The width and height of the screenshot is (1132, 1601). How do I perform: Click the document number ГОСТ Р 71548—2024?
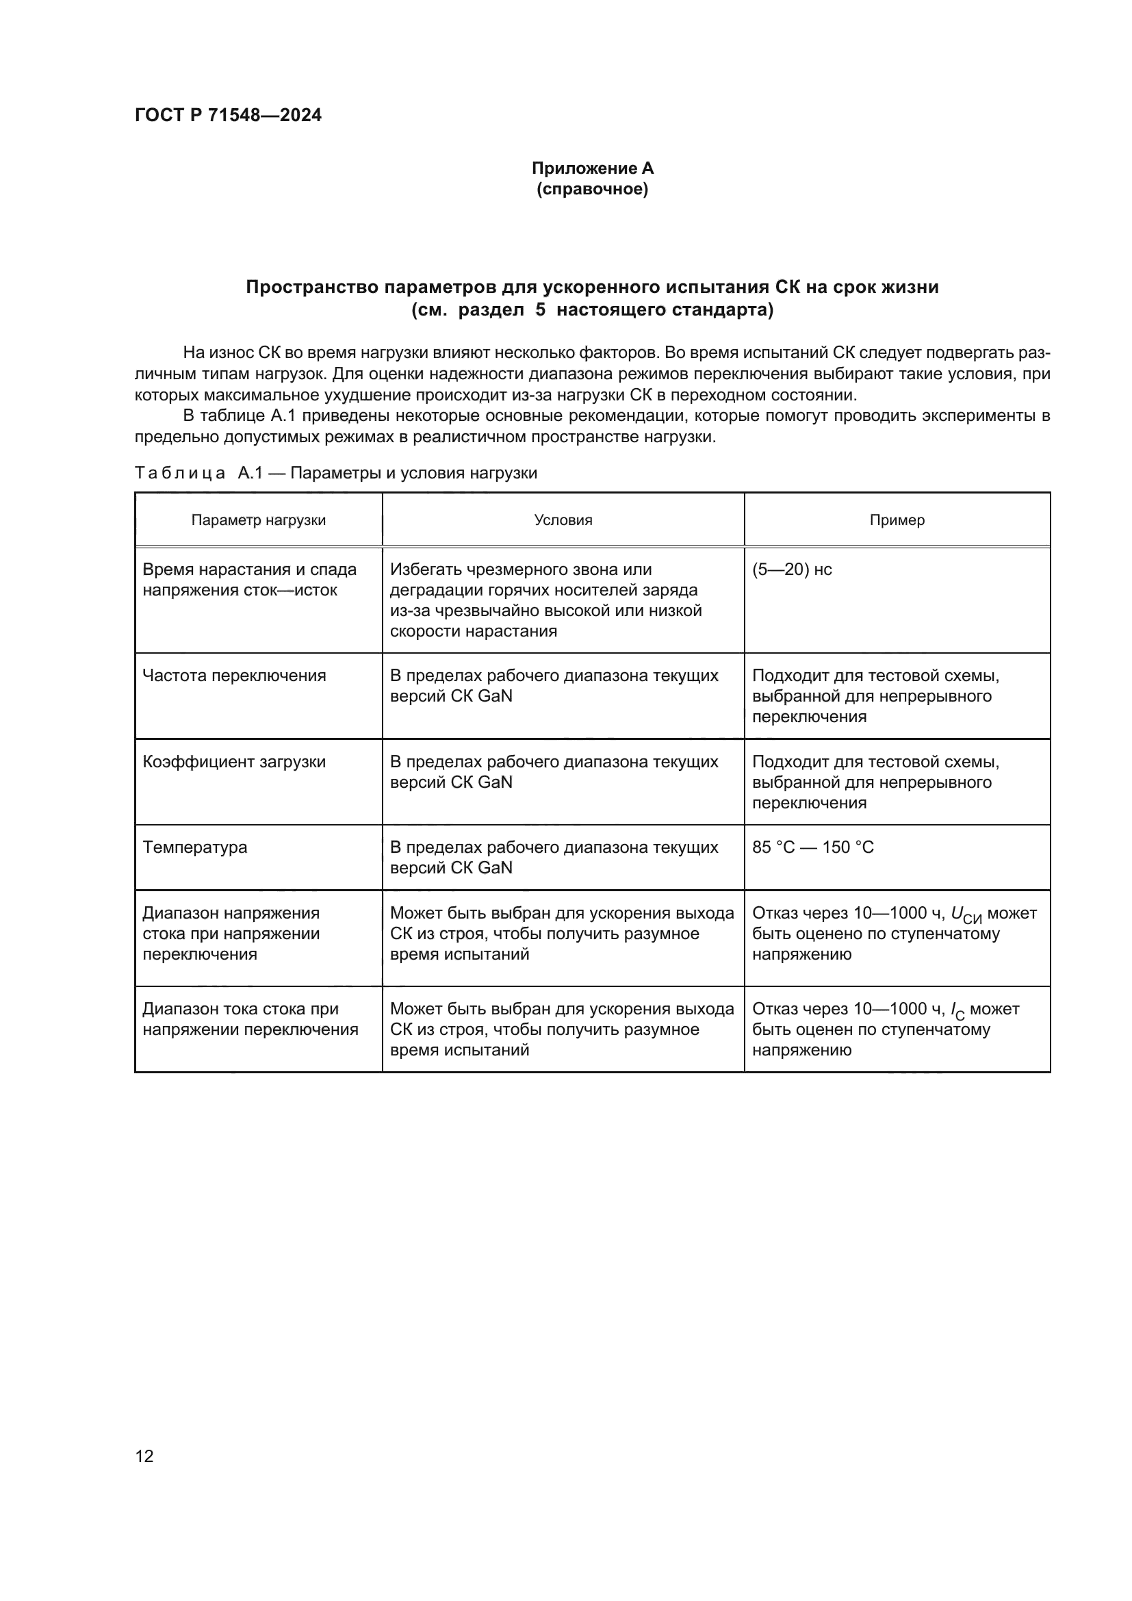tap(228, 115)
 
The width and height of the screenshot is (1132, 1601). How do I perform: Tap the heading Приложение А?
tap(592, 168)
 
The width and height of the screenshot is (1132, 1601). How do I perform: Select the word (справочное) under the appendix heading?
tap(592, 189)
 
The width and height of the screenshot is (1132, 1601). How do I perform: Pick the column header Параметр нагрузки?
tap(258, 520)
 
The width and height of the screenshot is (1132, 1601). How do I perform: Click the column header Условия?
tap(563, 520)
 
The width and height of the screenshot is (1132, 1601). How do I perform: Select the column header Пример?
tap(897, 520)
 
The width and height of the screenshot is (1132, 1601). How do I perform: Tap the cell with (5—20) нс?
tap(792, 569)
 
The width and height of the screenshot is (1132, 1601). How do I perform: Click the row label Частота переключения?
tap(233, 676)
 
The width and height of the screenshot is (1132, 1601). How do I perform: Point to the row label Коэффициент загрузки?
tap(233, 761)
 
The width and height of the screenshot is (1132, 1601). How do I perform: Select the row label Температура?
tap(194, 847)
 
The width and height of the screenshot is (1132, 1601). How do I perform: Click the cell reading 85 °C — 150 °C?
tap(813, 847)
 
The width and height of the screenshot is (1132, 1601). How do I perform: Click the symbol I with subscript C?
tap(957, 1011)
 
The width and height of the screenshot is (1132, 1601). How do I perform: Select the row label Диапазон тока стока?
tap(240, 1009)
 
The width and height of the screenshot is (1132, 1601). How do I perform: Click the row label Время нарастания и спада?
tap(249, 569)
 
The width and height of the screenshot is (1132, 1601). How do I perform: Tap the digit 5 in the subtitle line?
tap(540, 310)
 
